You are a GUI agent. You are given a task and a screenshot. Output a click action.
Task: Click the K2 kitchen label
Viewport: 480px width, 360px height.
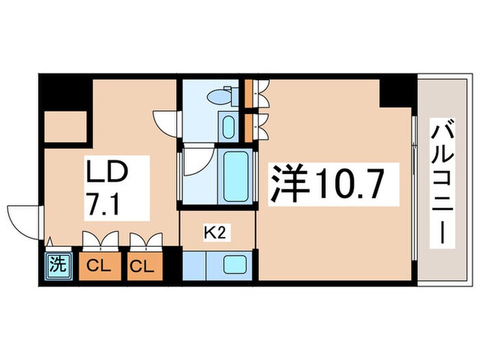click(215, 233)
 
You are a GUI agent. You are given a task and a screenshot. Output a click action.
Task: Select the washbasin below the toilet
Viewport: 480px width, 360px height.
click(228, 127)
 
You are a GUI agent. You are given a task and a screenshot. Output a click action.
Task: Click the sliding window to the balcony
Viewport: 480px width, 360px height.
click(414, 192)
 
